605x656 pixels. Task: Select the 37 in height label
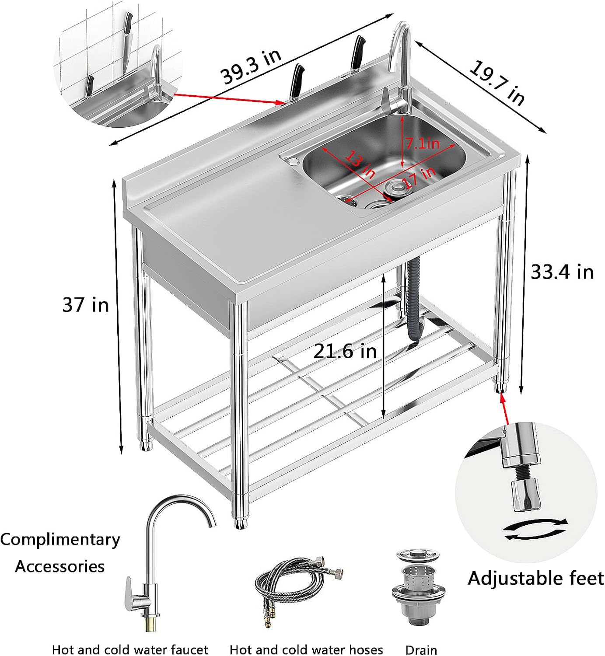[x=85, y=304]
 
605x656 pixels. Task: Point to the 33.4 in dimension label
[x=562, y=272]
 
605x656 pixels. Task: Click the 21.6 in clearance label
[x=345, y=351]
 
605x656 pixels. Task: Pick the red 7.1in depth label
[x=422, y=143]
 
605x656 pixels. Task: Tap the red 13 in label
[x=360, y=164]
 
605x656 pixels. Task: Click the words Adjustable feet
[x=536, y=578]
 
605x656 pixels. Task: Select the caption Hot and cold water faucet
[x=130, y=649]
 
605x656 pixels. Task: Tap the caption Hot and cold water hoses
[x=306, y=649]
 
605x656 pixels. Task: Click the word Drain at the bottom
[x=421, y=649]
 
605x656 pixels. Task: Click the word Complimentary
[x=60, y=539]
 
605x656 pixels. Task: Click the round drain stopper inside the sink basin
[x=395, y=187]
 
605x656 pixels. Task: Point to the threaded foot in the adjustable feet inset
[x=523, y=485]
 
